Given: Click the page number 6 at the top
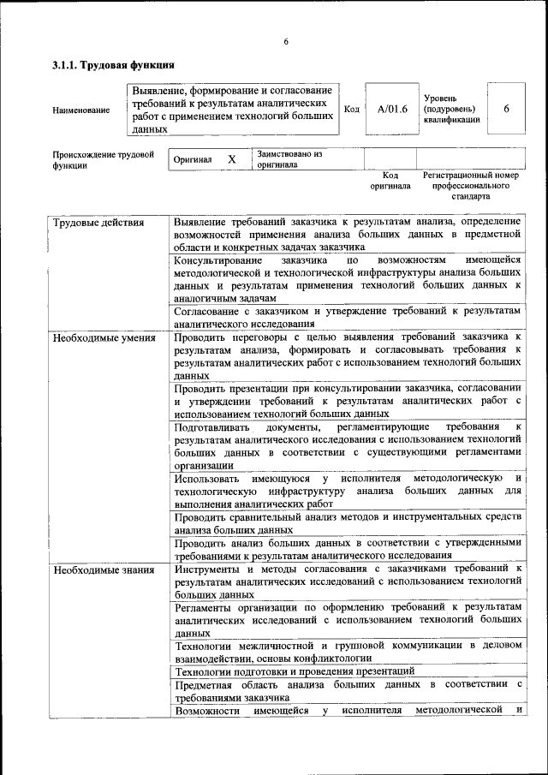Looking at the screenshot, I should [x=287, y=43].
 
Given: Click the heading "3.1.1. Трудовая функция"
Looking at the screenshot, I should [x=114, y=65].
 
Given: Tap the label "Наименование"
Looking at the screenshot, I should [x=81, y=110].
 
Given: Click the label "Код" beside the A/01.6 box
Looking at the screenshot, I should [x=351, y=110].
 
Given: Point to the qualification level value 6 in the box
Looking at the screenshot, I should [x=506, y=110].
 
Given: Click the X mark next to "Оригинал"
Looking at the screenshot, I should [x=231, y=159].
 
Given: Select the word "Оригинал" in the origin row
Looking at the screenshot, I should [x=193, y=160].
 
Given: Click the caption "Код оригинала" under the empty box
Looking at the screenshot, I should [x=390, y=181].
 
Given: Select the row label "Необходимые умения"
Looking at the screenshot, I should [x=104, y=337].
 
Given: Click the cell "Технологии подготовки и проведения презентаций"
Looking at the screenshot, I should [x=295, y=671].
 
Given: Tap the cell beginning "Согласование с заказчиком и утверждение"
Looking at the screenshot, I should [x=347, y=318].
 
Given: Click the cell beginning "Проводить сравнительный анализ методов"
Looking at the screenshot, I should [x=347, y=522].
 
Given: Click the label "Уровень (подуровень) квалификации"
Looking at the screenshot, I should [x=451, y=110].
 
